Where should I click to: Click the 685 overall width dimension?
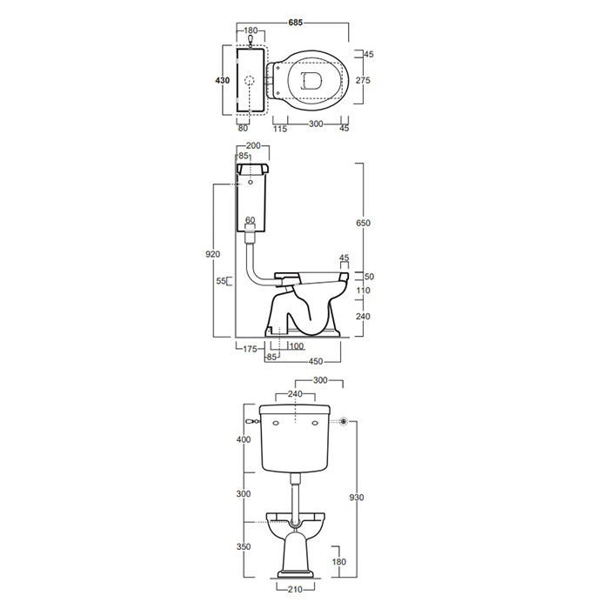point(295,23)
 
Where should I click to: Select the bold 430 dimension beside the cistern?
point(223,80)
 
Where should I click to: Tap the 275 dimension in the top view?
point(363,80)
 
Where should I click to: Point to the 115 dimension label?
point(280,129)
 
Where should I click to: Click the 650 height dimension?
point(363,223)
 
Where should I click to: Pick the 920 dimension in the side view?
point(213,254)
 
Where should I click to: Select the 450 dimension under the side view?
point(316,362)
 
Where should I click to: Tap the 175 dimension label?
point(251,349)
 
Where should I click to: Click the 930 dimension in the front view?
point(357,498)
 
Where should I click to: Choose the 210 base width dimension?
point(295,590)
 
